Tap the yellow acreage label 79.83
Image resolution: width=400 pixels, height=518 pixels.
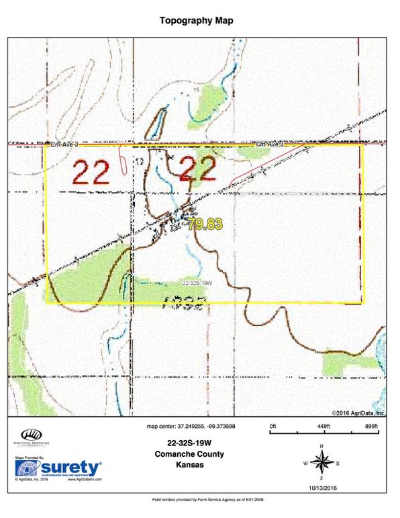coord(204,224)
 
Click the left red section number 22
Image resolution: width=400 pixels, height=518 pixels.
coord(91,173)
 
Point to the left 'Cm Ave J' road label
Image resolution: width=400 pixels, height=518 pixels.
coord(64,144)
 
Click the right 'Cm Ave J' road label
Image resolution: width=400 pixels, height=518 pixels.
coord(269,144)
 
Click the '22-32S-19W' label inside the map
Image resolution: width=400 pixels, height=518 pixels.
coord(197,283)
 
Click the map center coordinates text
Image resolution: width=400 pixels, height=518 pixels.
coord(191,426)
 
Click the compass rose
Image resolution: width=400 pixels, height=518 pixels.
coord(323,463)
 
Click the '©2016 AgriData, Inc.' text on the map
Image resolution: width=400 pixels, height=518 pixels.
coord(358,413)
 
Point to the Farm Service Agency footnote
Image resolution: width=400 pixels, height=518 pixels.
coord(199,501)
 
